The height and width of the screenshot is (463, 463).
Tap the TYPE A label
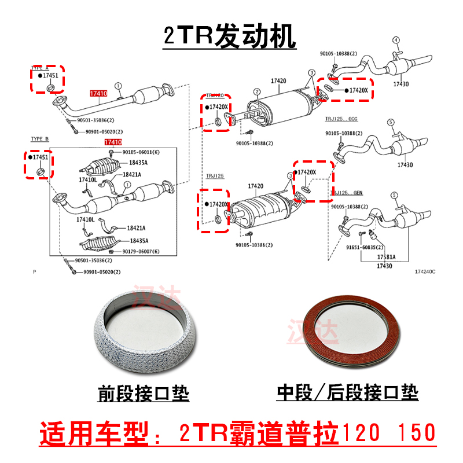pyautogui.click(x=40, y=68)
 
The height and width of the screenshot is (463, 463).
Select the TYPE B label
pyautogui.click(x=40, y=139)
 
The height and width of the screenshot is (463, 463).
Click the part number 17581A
pyautogui.click(x=386, y=256)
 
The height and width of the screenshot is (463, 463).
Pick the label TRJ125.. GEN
pyautogui.click(x=346, y=192)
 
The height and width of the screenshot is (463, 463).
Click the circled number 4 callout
pyautogui.click(x=396, y=40)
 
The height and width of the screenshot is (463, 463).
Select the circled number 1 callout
pyautogui.click(x=117, y=86)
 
